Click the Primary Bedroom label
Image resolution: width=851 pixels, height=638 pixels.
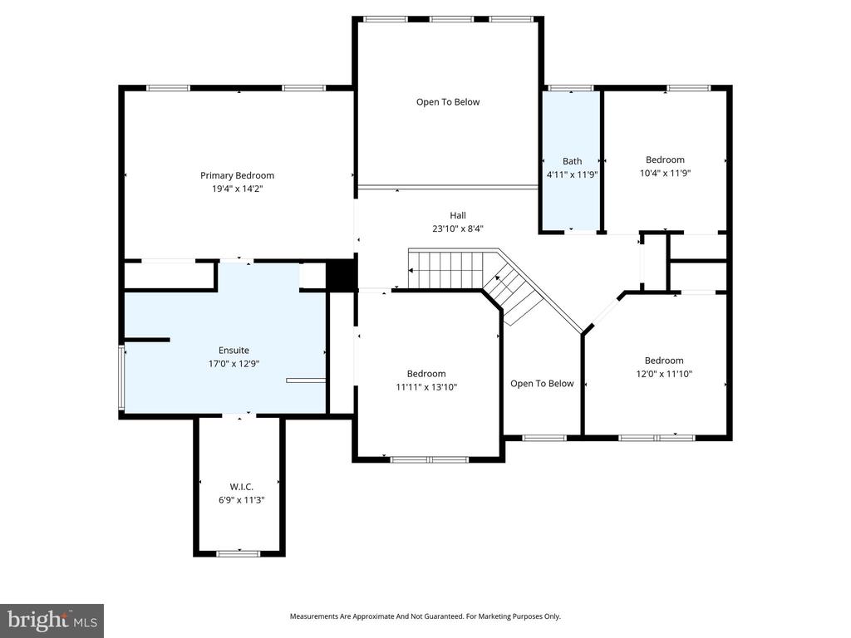tap(237, 175)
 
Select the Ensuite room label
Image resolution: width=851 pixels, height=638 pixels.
tap(234, 351)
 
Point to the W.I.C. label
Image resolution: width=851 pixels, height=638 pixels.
tap(241, 486)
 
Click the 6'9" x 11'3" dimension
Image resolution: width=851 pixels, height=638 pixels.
tap(241, 500)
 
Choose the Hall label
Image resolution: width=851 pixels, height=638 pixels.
tap(458, 215)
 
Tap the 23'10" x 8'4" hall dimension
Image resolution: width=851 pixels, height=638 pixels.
tap(458, 228)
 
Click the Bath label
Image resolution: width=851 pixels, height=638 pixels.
tap(572, 161)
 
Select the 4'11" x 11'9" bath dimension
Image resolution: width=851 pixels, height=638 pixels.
tap(572, 174)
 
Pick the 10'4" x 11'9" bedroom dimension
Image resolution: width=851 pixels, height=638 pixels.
tap(665, 174)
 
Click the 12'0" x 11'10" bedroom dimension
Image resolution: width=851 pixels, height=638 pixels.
tap(664, 374)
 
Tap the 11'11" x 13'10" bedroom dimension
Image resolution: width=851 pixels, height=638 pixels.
tap(425, 387)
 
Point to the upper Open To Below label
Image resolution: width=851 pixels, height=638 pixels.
tap(448, 102)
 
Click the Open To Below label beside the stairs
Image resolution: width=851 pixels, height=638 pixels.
tap(542, 384)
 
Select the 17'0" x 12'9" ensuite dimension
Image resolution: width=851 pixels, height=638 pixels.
tap(234, 364)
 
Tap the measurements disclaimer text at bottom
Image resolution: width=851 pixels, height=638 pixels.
tap(425, 616)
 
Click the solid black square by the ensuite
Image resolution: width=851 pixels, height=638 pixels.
tap(341, 275)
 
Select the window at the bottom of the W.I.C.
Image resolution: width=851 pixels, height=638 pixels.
tap(239, 552)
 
